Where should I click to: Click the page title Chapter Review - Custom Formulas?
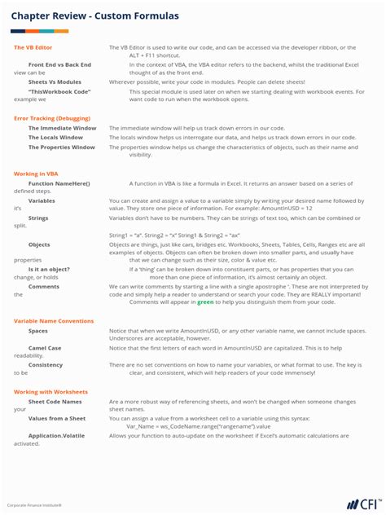(94, 16)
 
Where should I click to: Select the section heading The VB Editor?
(33, 48)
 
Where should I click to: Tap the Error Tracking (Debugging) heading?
(52, 118)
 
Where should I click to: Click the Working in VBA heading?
(36, 174)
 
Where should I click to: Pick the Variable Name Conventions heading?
(54, 321)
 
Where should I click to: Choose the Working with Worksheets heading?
(50, 392)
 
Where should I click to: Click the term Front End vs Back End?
(59, 64)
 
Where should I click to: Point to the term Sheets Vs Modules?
(55, 82)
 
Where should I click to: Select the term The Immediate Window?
(62, 128)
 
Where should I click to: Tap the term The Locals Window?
(55, 138)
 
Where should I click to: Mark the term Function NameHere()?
(59, 184)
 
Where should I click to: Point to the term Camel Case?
(45, 348)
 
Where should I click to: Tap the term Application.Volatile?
(56, 436)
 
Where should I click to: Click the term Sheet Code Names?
(55, 402)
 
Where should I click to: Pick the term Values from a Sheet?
(56, 418)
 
